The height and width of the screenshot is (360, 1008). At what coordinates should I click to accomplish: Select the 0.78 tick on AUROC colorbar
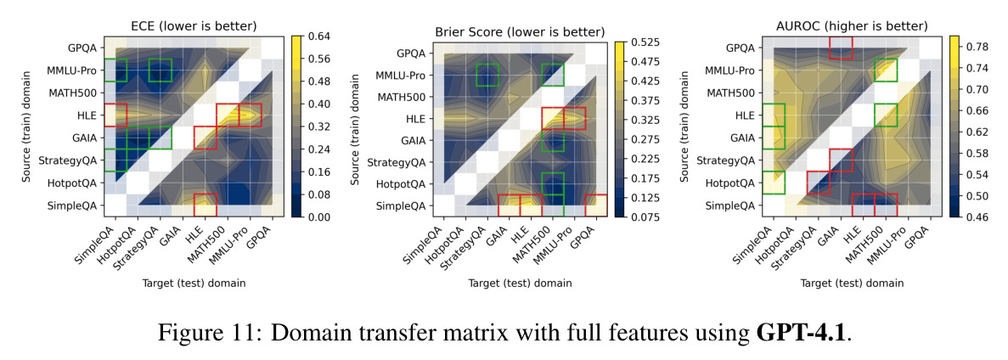(972, 47)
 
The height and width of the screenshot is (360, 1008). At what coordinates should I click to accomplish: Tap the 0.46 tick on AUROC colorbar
(972, 217)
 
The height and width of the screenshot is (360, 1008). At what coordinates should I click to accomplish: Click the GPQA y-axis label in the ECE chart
(83, 48)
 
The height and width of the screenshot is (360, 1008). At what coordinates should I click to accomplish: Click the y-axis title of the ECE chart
(29, 127)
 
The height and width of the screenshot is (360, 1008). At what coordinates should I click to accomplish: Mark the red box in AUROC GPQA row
(841, 48)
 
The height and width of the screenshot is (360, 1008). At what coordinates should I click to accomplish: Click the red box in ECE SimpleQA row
(205, 205)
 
